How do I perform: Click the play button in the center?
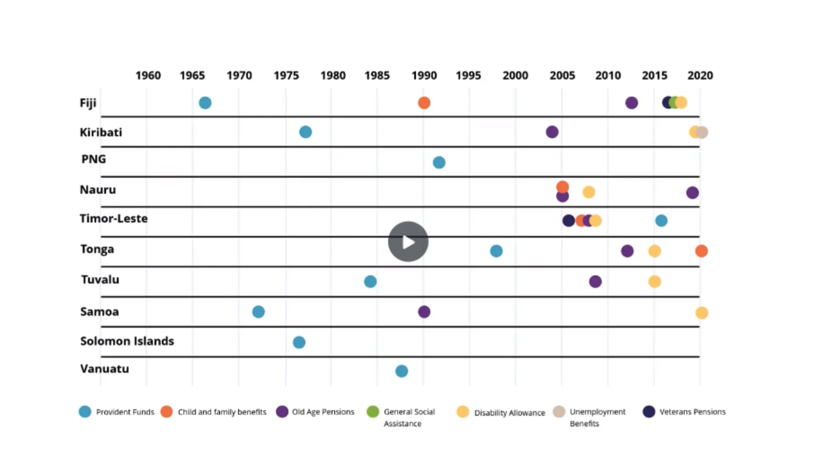coord(408,242)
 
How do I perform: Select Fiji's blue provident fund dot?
coord(205,103)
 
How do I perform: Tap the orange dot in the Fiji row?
coord(424,103)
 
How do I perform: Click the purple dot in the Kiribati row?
coord(552,132)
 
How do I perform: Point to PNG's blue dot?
coord(439,162)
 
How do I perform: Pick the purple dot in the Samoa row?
coord(424,312)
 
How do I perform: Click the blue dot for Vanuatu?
coord(401,371)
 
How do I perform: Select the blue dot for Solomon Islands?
coord(299,342)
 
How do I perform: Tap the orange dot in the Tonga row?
coord(701,251)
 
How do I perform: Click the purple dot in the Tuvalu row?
coord(595,282)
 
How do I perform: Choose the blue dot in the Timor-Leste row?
coord(661,221)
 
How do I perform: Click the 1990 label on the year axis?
coord(424,75)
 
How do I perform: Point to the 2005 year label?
coord(562,75)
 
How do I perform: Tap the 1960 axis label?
coord(148,75)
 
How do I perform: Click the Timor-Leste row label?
coord(114,218)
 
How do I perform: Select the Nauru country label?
coord(98,190)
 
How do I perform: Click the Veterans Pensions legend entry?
coord(692,412)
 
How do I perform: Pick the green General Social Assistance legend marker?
coord(373,412)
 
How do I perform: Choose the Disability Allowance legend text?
coord(509,413)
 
